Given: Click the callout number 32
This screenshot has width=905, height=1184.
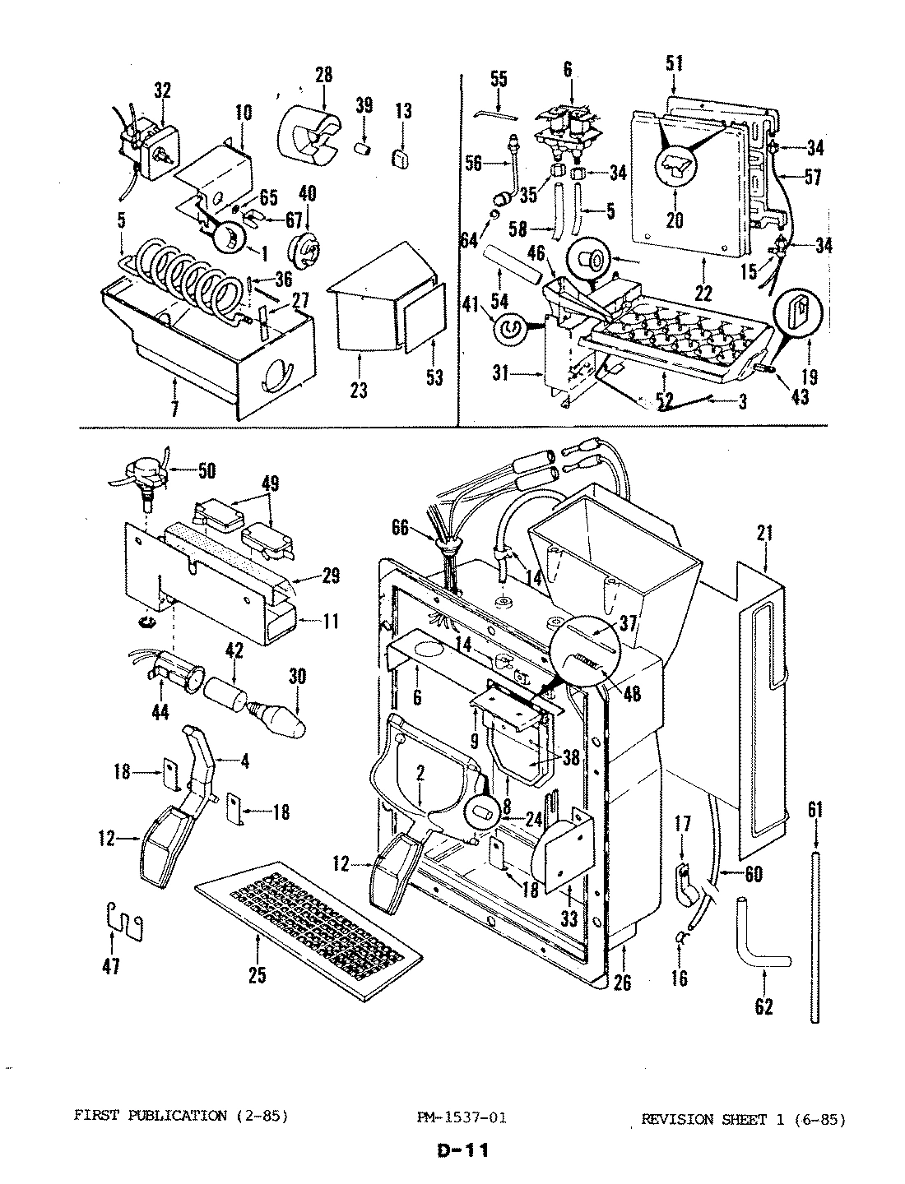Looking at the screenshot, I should click(x=162, y=91).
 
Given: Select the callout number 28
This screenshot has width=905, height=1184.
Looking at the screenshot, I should click(x=323, y=75).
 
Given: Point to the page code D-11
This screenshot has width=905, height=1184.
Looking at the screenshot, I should click(x=462, y=1150).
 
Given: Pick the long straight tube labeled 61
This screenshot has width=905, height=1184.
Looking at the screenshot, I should click(x=814, y=937).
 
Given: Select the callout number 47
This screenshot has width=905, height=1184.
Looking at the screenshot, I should click(x=110, y=967).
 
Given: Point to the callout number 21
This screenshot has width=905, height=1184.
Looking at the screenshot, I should click(x=765, y=534).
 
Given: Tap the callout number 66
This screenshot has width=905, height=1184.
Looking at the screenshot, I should click(x=399, y=530).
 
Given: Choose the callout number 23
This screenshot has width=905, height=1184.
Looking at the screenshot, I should click(x=359, y=390).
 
